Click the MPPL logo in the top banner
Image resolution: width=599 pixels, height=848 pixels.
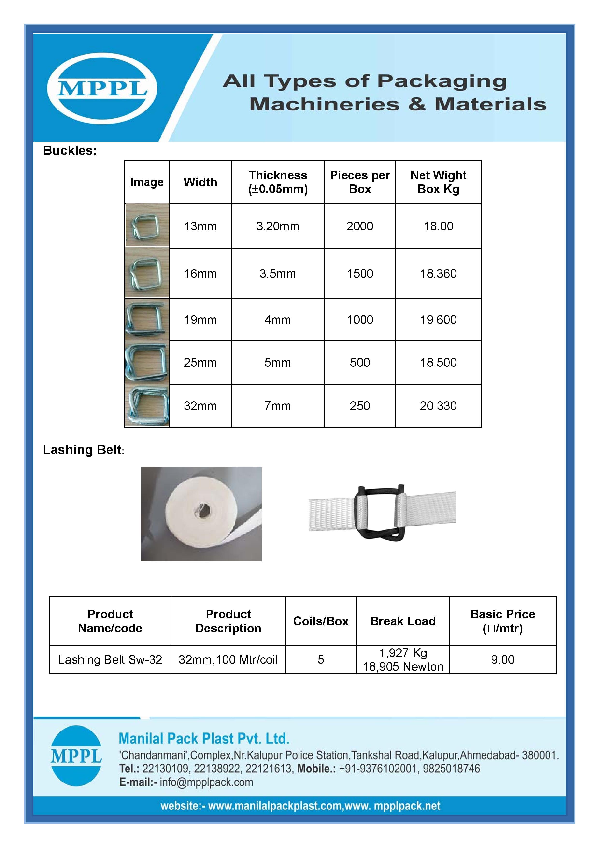tap(102, 89)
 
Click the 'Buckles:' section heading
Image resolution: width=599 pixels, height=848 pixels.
tap(70, 151)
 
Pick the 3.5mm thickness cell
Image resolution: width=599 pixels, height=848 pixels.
tap(278, 274)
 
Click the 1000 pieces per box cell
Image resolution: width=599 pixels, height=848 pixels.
tap(360, 320)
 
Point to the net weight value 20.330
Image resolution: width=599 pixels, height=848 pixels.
tap(438, 406)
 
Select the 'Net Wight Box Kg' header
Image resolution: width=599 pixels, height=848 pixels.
tap(438, 182)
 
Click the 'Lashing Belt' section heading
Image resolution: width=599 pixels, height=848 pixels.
tap(82, 450)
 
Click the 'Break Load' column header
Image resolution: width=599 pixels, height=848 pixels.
tap(403, 621)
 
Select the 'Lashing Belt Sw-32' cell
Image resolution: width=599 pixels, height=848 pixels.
tap(110, 660)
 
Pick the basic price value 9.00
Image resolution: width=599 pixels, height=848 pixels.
tap(502, 660)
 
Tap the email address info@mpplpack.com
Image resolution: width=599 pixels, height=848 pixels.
tap(206, 782)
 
